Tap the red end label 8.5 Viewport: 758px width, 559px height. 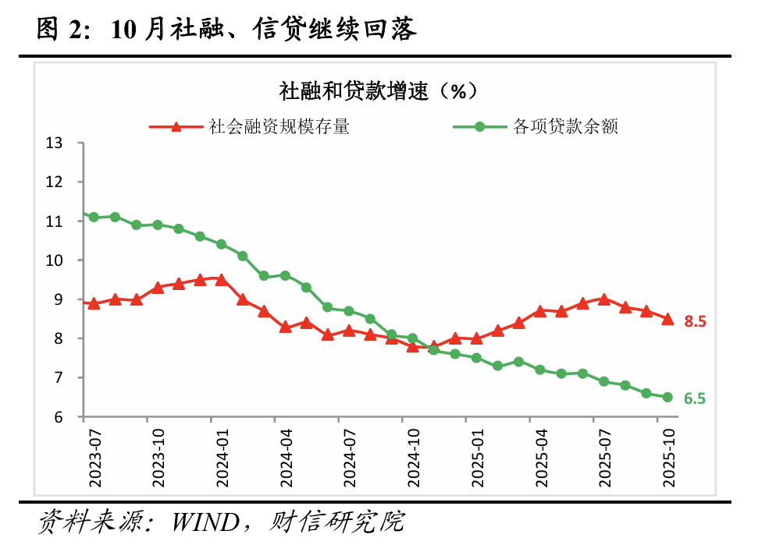[695, 320]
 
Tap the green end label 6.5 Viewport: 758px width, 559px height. [695, 398]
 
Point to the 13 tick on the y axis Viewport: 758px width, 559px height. [54, 143]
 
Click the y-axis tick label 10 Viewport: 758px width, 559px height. [54, 260]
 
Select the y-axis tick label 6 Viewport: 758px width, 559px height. [58, 417]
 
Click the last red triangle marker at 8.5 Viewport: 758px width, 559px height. [667, 319]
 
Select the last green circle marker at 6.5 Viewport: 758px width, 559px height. [667, 397]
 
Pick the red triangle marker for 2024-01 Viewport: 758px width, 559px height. [221, 279]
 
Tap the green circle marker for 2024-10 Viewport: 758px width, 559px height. [412, 338]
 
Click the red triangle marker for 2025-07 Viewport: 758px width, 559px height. [603, 299]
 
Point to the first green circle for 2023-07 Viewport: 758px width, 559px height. [94, 217]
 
